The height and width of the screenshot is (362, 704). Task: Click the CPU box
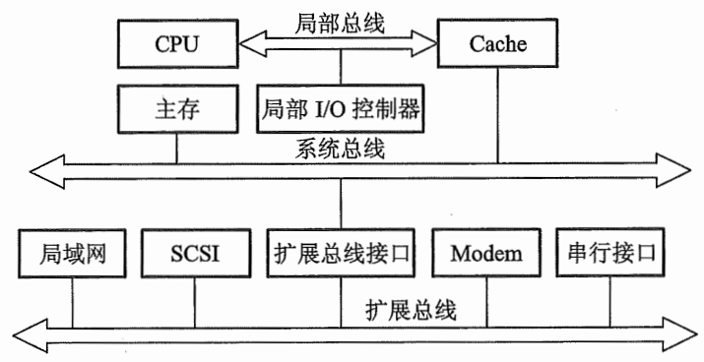click(x=177, y=45)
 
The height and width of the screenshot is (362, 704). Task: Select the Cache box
click(x=497, y=45)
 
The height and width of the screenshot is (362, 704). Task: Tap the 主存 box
click(x=177, y=109)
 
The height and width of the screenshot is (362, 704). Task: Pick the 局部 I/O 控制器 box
click(x=340, y=109)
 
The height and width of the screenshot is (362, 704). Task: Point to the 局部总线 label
click(x=340, y=18)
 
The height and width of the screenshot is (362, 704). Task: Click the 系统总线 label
click(x=340, y=150)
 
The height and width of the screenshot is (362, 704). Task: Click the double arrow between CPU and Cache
click(x=340, y=43)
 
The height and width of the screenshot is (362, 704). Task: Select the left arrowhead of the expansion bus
click(x=39, y=334)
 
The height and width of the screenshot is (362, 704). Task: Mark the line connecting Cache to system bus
click(x=497, y=113)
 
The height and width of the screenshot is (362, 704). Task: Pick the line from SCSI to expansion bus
click(x=195, y=300)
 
